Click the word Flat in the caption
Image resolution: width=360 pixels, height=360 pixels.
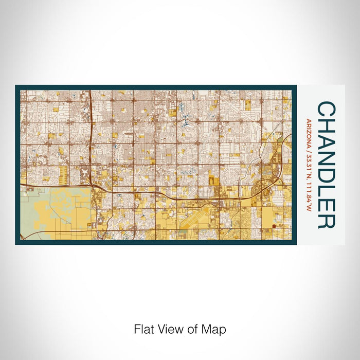pyautogui.click(x=143, y=328)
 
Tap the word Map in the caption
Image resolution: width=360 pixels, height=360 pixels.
pyautogui.click(x=215, y=328)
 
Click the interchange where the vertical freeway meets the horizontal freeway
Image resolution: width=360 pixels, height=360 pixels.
pyautogui.click(x=93, y=184)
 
